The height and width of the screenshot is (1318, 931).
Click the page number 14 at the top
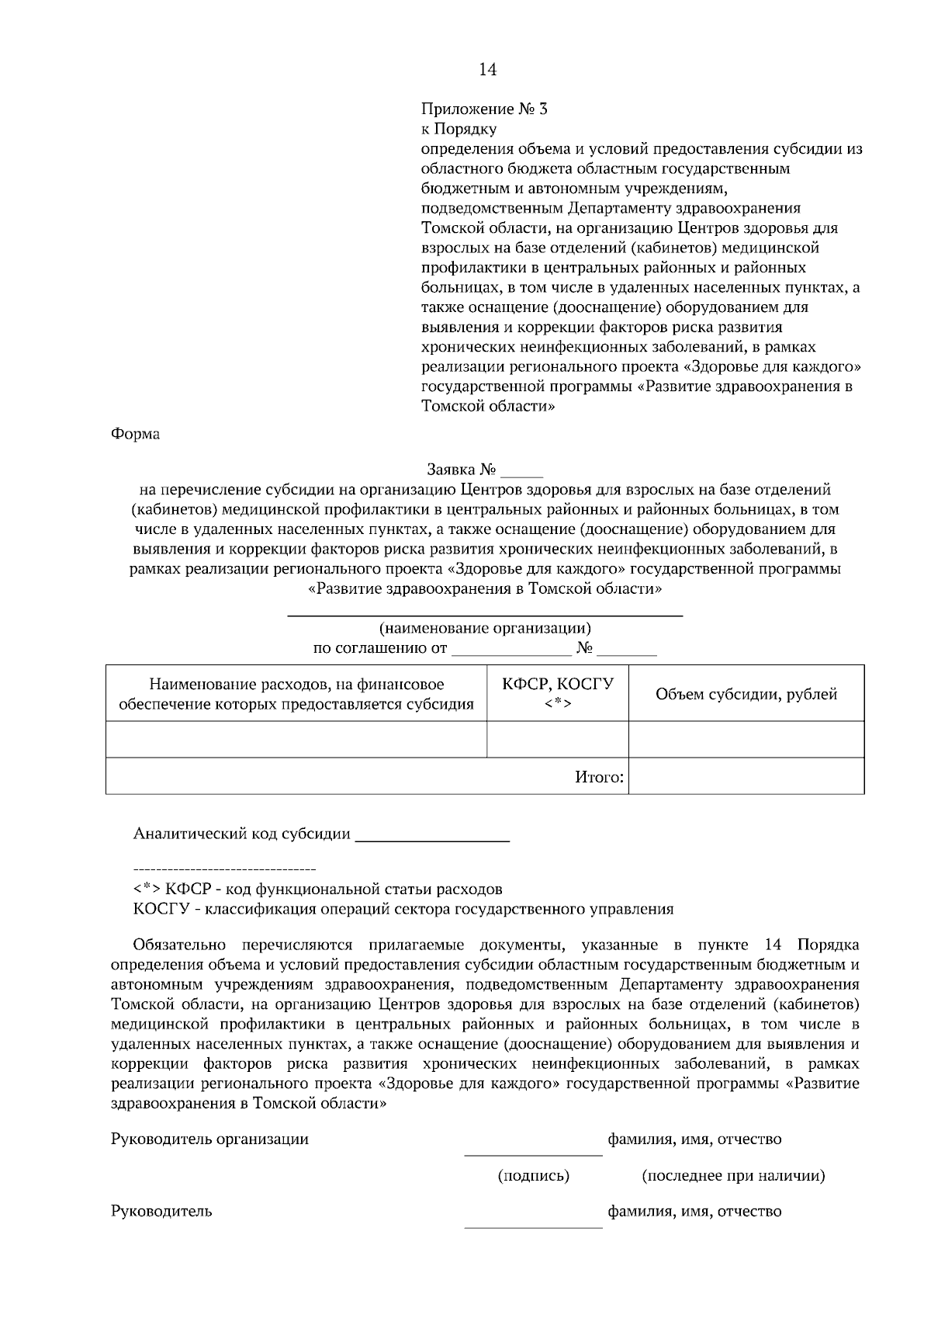point(487,70)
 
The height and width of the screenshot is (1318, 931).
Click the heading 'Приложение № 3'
point(484,109)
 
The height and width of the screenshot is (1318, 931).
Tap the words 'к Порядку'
point(459,129)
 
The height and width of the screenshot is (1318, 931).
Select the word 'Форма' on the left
point(136,434)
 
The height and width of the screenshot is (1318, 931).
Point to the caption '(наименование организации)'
point(485,628)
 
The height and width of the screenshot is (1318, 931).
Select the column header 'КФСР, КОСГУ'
point(557,684)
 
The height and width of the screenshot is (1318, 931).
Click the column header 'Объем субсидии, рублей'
point(746,694)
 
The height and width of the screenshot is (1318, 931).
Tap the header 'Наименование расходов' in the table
point(296,684)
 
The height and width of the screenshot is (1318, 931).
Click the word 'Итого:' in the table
point(600,776)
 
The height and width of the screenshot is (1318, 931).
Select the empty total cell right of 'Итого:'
point(746,776)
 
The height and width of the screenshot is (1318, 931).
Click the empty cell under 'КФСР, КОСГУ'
point(557,739)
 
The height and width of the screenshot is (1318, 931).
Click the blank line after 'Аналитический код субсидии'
point(431,835)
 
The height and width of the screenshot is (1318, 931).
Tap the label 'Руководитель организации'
point(210,1139)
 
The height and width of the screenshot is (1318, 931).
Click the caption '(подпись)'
point(533,1176)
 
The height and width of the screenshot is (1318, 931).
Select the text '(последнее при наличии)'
point(733,1176)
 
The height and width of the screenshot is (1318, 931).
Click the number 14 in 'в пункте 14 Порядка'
point(773,945)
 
